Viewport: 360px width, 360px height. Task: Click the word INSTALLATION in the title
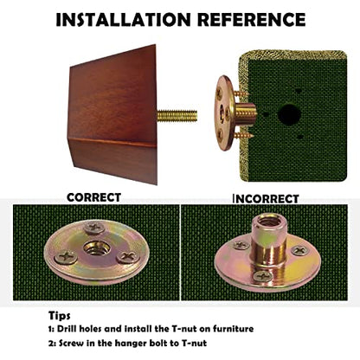coord(123,20)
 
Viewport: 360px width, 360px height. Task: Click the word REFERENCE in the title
coord(251,20)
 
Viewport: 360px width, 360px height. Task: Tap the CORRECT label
coord(93,197)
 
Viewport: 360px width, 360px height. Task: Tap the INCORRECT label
coord(266,199)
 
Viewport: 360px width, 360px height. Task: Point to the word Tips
coord(59,315)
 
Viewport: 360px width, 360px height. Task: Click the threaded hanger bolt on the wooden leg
coord(177,116)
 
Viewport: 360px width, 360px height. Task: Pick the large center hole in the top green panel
coord(289,114)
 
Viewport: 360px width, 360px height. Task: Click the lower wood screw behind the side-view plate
coord(244,135)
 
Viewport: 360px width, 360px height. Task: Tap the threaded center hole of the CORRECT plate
coord(95,247)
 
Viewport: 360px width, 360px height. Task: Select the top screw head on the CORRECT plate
coord(94,228)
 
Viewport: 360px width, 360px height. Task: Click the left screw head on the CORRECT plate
coord(66,257)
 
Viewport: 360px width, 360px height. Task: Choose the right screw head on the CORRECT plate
coord(128,256)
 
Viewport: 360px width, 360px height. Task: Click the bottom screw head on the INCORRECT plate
coord(262,276)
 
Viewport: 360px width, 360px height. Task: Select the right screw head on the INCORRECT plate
coord(300,250)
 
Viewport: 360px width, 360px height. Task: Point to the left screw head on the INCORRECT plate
coord(241,245)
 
